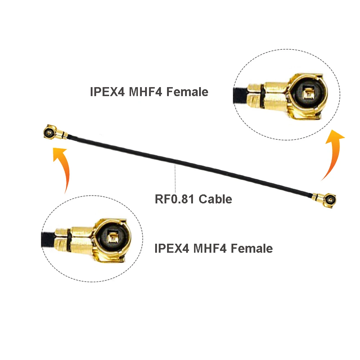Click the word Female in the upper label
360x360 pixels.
pos(188,92)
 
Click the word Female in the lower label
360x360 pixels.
pos(252,248)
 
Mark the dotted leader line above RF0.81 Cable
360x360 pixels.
pos(175,178)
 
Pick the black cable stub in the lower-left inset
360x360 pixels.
pos(48,239)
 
